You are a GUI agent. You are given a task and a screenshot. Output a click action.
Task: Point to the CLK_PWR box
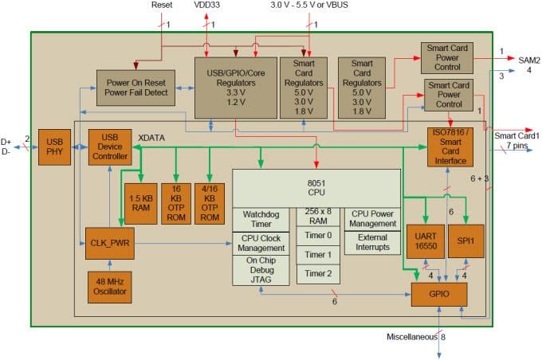(108, 243)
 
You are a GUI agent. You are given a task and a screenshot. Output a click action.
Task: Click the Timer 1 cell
(318, 255)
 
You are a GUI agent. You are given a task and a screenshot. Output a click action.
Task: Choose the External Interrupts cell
(371, 242)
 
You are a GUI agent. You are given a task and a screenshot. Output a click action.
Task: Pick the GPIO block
(438, 295)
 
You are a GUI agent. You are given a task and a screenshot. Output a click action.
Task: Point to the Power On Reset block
(135, 87)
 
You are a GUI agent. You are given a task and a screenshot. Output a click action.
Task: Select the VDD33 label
(210, 6)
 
